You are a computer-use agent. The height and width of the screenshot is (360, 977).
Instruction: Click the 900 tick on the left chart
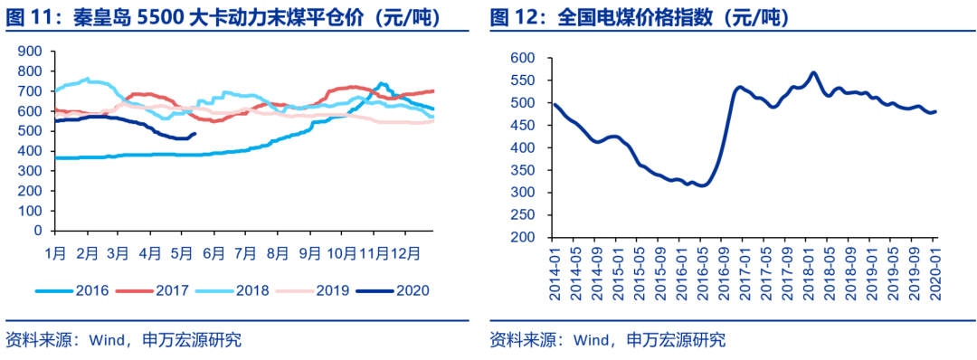[31, 52]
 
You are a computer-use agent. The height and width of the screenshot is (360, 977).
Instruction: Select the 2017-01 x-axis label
[743, 269]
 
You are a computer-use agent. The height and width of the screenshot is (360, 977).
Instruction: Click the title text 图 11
[28, 17]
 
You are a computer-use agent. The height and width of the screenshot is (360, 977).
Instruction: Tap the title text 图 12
[513, 17]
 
